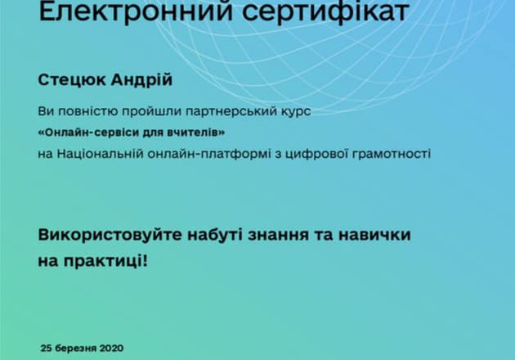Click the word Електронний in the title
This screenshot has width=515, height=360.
(136, 11)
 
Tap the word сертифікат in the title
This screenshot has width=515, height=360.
(325, 12)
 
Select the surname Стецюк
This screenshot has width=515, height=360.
(72, 80)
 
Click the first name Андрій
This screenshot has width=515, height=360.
(141, 79)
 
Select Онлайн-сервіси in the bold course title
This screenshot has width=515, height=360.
(88, 133)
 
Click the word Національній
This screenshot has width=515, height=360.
(101, 154)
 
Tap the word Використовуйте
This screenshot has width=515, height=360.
(110, 235)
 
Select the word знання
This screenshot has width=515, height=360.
(278, 235)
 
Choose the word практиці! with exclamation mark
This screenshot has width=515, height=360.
(105, 262)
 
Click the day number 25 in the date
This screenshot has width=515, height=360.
(47, 349)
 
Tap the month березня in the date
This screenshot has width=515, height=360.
(75, 349)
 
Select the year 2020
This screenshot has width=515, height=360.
(111, 349)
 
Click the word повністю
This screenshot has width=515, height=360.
(88, 112)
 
